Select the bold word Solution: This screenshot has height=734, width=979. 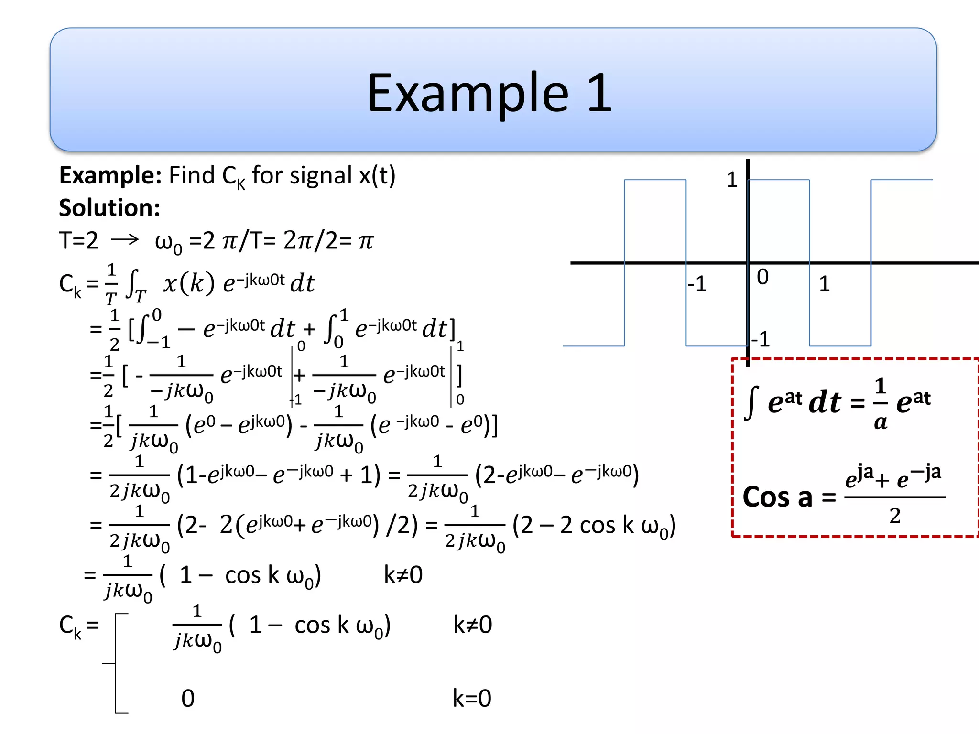(x=109, y=208)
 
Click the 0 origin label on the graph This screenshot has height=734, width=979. (x=762, y=277)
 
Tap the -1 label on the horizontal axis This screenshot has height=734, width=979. (x=697, y=284)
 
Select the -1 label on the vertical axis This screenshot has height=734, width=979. (x=761, y=339)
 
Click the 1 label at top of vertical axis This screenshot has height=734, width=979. (x=732, y=180)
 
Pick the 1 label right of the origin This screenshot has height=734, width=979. (x=824, y=284)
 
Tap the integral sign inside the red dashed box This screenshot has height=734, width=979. (x=751, y=402)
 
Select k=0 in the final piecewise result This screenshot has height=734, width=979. (x=472, y=698)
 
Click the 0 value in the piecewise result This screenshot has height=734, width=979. (x=188, y=698)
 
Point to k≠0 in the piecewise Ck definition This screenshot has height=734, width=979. (x=472, y=625)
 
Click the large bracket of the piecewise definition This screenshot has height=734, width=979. (x=116, y=663)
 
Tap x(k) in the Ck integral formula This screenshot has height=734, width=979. (x=188, y=283)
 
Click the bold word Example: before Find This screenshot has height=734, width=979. (x=110, y=175)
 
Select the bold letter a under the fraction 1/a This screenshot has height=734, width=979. (x=881, y=422)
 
